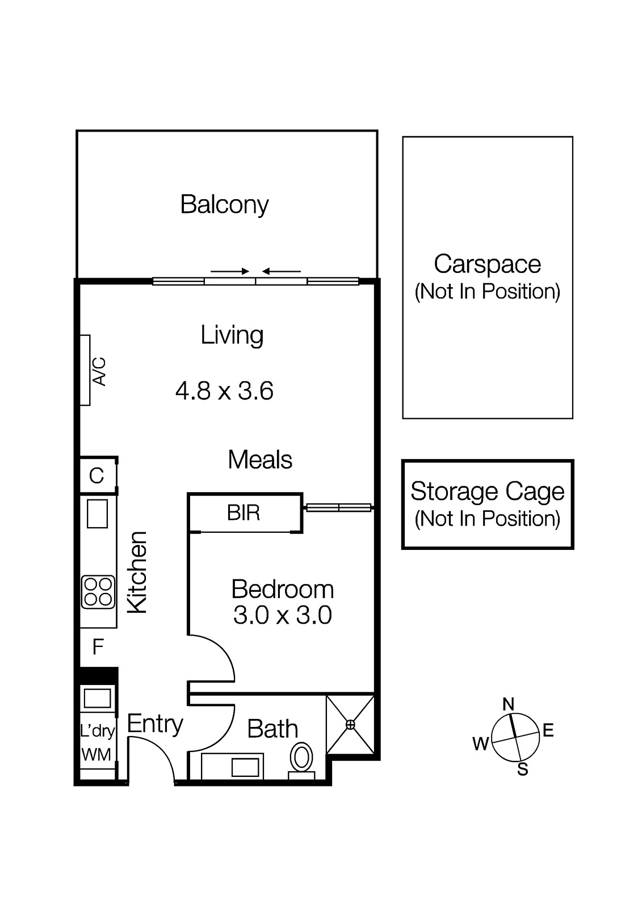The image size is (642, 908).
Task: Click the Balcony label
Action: pos(224,205)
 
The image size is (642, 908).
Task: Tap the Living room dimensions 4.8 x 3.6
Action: pos(224,391)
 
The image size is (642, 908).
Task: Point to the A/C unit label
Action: pos(99,371)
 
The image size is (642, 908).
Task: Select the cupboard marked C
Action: pos(96,476)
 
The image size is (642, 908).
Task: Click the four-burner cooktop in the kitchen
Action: pos(98,592)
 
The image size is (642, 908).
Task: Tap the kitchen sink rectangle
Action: pos(97,513)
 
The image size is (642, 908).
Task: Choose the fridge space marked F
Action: pos(98,647)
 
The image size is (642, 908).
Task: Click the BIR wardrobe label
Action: pos(244,513)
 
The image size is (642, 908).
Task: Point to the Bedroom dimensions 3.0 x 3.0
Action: pos(283,615)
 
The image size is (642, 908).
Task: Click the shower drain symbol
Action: pos(350,724)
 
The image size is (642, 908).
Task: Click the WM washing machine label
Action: pos(96,755)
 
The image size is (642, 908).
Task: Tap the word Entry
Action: pos(155,725)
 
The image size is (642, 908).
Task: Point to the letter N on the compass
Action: pos(508,704)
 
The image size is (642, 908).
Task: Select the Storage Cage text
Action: pos(488,492)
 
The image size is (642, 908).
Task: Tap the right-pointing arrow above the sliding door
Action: pos(229,271)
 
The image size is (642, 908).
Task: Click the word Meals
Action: pos(260,460)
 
